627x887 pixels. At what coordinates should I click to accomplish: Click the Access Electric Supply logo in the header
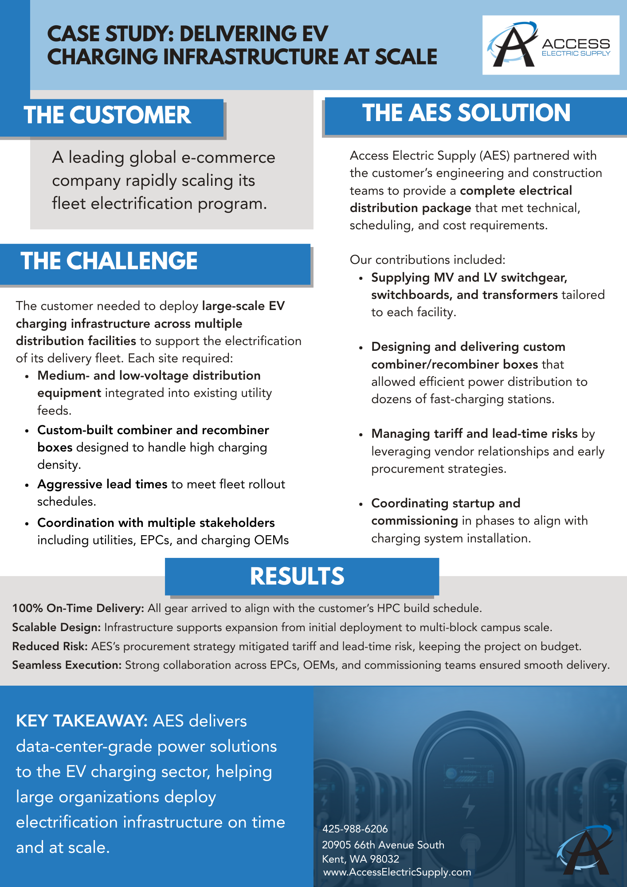click(550, 45)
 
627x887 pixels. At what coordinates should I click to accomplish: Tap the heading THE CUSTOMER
click(107, 115)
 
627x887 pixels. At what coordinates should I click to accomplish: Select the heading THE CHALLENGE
click(109, 261)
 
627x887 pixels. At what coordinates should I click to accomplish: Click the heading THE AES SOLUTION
click(466, 113)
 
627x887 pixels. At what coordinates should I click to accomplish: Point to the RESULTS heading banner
click(297, 576)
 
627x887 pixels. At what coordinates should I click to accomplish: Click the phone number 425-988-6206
click(355, 829)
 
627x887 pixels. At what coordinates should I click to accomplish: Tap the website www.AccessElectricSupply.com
click(397, 872)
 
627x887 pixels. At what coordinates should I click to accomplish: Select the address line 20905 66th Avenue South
click(383, 845)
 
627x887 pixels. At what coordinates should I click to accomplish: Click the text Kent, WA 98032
click(361, 859)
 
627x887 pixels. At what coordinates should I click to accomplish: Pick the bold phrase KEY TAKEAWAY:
click(82, 721)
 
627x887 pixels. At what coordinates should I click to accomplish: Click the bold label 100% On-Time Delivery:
click(78, 608)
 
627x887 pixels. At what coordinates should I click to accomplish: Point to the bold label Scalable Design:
click(57, 627)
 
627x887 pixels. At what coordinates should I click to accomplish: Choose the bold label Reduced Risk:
click(50, 646)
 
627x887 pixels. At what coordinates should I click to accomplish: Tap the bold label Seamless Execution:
click(67, 665)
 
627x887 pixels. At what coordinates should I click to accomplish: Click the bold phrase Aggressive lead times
click(102, 484)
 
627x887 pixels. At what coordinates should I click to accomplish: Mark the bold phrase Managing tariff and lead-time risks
click(474, 433)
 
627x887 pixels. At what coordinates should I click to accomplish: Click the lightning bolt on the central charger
click(468, 805)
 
